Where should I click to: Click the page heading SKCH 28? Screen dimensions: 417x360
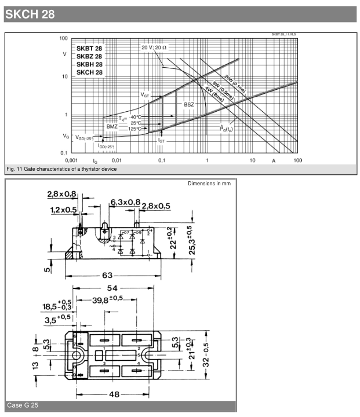point(30,14)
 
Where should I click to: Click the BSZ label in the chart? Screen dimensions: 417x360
point(189,104)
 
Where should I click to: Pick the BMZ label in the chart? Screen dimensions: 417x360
point(113,126)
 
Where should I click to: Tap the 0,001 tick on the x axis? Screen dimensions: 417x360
point(71,159)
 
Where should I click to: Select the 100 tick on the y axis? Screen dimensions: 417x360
point(63,38)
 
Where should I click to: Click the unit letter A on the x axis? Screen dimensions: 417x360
point(273,160)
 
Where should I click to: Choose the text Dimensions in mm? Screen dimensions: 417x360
point(209,184)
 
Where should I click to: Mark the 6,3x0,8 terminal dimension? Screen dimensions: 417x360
point(125,202)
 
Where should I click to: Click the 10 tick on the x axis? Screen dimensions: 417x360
point(253,159)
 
